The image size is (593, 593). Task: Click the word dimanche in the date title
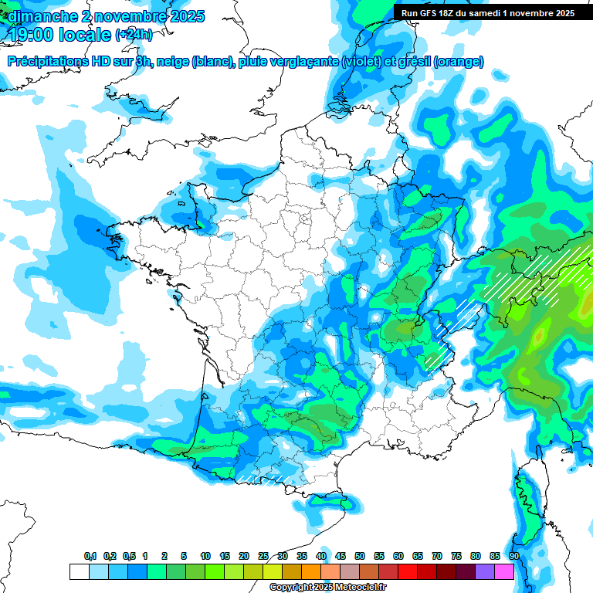pyautogui.click(x=42, y=15)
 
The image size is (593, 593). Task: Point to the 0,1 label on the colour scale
pyautogui.click(x=90, y=556)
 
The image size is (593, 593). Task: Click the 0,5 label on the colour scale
pyautogui.click(x=129, y=556)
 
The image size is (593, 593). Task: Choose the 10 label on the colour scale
pyautogui.click(x=205, y=556)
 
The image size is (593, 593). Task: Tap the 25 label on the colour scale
pyautogui.click(x=263, y=556)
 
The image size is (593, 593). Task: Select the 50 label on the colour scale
pyautogui.click(x=360, y=556)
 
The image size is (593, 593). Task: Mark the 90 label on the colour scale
pyautogui.click(x=514, y=556)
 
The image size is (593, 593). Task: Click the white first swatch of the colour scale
pyautogui.click(x=79, y=571)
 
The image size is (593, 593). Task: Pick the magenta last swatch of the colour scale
pyautogui.click(x=504, y=571)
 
